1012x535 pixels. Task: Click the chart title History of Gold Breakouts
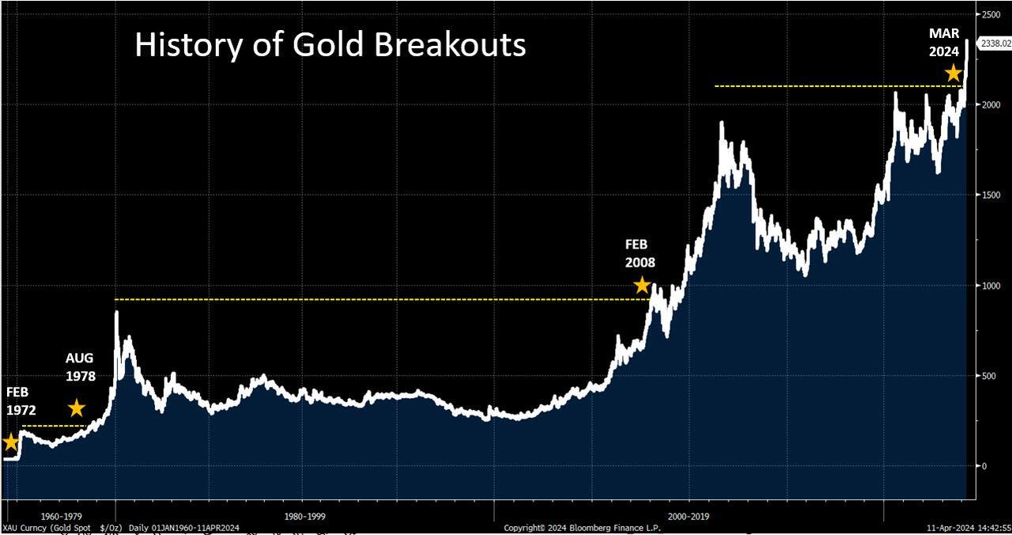click(x=330, y=45)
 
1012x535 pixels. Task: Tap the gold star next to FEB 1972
click(x=10, y=442)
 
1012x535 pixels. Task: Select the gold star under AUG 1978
click(x=77, y=408)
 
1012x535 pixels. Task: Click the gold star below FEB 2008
click(x=642, y=285)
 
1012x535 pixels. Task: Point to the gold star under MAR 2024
click(x=954, y=73)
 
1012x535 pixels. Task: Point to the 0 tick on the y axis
click(x=984, y=466)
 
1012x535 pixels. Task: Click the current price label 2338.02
click(x=995, y=44)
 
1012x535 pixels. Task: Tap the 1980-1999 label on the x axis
click(x=305, y=515)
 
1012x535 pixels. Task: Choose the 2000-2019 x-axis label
click(x=689, y=515)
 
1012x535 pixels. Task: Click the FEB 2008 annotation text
click(x=640, y=254)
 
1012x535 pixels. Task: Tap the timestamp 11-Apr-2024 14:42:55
click(x=969, y=527)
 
